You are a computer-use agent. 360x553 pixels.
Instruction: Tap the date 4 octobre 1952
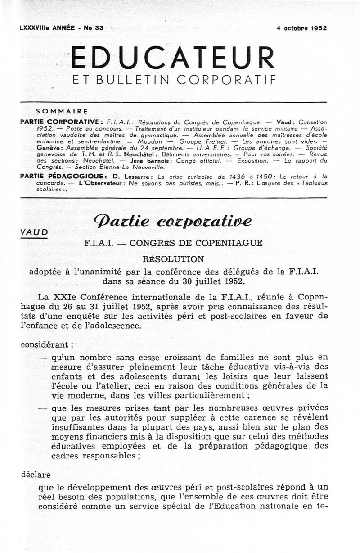pos(302,28)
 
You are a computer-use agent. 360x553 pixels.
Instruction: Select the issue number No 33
pos(94,28)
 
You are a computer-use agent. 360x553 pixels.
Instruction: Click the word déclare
pos(36,474)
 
